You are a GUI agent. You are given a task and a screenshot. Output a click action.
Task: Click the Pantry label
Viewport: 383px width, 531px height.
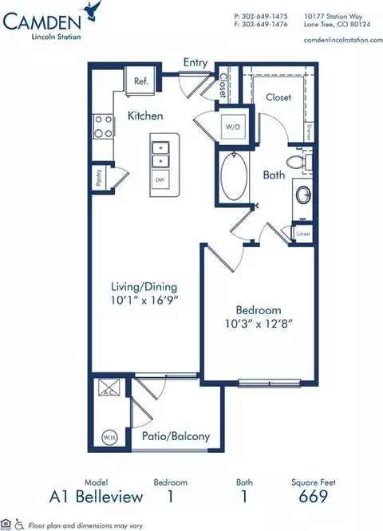point(99,180)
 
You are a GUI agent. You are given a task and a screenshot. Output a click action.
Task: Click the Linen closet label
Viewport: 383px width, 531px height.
point(302,234)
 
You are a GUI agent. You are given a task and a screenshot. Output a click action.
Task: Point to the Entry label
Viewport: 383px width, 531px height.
point(195,61)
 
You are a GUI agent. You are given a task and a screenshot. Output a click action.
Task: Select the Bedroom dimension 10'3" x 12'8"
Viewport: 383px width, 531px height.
point(257,324)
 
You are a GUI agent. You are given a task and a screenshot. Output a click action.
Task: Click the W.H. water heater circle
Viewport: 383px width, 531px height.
point(108,437)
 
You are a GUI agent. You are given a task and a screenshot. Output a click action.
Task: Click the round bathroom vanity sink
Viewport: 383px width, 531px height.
point(303,195)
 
